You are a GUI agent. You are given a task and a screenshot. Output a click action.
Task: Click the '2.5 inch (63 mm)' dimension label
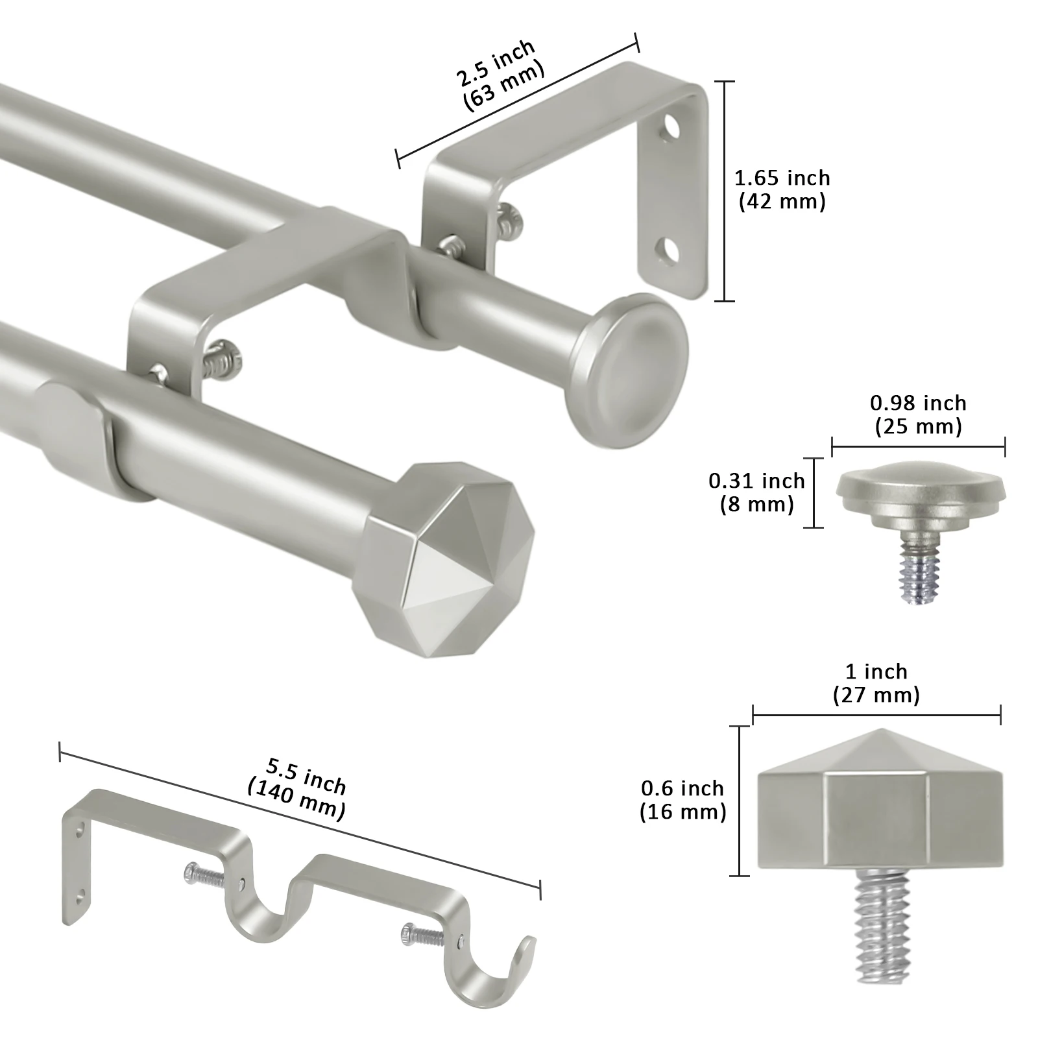pyautogui.click(x=499, y=77)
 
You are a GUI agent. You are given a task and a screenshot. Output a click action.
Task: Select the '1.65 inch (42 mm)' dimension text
pyautogui.click(x=782, y=189)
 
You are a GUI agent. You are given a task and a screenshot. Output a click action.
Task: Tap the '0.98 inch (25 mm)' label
pyautogui.click(x=918, y=415)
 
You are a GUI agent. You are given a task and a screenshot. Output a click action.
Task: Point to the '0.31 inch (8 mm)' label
pyautogui.click(x=756, y=492)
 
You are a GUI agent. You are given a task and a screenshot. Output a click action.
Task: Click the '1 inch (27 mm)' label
pyautogui.click(x=876, y=683)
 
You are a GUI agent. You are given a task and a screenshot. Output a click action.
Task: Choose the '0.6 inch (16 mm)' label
pyautogui.click(x=682, y=800)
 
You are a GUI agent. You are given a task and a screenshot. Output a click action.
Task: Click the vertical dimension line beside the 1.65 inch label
pyautogui.click(x=725, y=191)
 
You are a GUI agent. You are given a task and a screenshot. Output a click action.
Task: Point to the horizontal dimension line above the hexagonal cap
pyautogui.click(x=876, y=716)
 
